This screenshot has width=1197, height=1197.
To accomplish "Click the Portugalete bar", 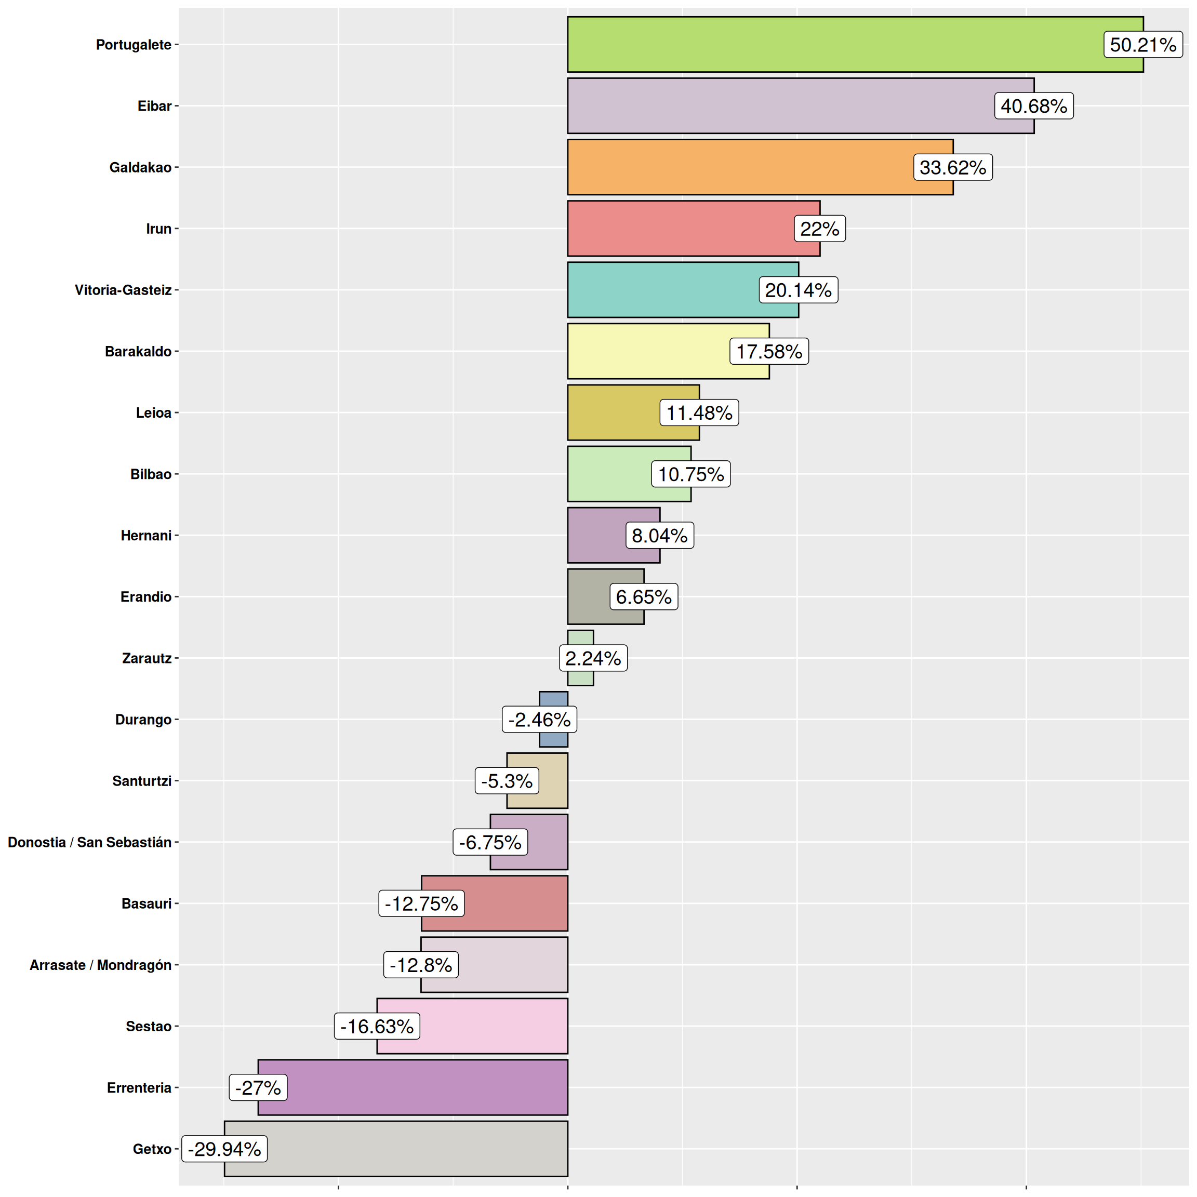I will coord(830,45).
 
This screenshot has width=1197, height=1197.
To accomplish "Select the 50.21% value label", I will coord(1142,45).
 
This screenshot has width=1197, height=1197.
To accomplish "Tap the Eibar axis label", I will coord(154,106).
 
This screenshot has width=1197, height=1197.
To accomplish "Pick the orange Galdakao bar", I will coord(737,167).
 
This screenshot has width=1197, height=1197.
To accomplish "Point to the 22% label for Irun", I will coord(819,229).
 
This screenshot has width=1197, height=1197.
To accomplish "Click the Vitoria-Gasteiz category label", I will coord(123,290).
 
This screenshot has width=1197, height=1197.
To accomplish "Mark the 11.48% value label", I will coord(699,413).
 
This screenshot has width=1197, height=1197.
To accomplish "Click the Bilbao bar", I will coord(607,474).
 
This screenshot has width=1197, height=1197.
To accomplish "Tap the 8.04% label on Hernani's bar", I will coord(659,535).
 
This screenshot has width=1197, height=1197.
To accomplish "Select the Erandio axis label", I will coord(145,596).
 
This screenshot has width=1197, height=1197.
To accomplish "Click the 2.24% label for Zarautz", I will coord(593,658).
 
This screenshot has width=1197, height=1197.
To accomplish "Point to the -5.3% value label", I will coord(506,781).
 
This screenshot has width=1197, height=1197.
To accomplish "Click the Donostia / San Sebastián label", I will coord(89,842).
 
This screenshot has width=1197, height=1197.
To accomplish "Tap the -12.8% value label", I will coord(421,965).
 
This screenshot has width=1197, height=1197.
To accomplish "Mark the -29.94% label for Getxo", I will coord(224,1149).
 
